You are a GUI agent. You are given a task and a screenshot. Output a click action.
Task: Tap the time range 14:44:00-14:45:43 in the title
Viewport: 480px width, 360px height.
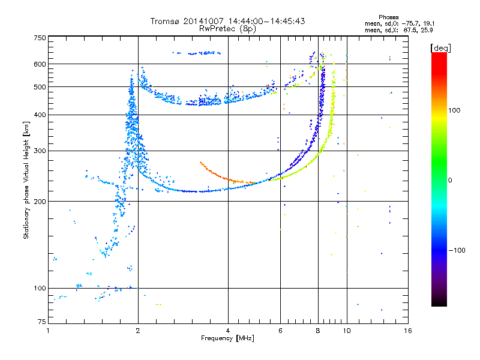(x=266, y=21)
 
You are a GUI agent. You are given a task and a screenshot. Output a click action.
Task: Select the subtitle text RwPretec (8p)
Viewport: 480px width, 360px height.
(x=227, y=29)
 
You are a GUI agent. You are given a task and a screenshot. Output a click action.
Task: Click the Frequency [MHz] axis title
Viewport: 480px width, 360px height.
(x=227, y=338)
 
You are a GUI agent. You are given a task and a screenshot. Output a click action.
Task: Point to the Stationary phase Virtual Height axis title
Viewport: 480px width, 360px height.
(x=26, y=180)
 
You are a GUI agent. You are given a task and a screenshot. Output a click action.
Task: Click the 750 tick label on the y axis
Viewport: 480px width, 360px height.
(x=40, y=38)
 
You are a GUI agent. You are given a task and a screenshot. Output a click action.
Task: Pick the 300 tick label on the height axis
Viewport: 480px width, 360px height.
(x=40, y=151)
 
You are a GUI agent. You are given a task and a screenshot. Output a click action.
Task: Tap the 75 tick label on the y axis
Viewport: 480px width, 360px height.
(x=41, y=322)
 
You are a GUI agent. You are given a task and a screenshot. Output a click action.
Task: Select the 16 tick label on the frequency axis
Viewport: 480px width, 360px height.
(x=408, y=331)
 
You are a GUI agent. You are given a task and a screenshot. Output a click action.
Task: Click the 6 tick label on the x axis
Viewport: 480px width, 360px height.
(x=280, y=331)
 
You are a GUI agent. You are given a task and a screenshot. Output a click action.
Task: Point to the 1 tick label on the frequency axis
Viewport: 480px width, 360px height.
(x=48, y=331)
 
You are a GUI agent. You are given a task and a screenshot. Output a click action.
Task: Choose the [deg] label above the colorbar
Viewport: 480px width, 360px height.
(x=440, y=48)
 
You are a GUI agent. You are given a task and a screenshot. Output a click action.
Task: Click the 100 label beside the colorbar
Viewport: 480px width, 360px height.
(x=454, y=110)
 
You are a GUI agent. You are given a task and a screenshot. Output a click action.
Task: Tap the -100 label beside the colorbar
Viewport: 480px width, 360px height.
(x=457, y=250)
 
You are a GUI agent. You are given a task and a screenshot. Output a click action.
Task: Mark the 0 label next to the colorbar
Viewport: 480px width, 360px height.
(x=450, y=180)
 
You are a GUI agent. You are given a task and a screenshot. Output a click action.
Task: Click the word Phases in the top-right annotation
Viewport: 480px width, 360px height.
(x=388, y=17)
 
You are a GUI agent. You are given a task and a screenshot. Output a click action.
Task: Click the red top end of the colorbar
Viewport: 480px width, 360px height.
(x=439, y=55)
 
